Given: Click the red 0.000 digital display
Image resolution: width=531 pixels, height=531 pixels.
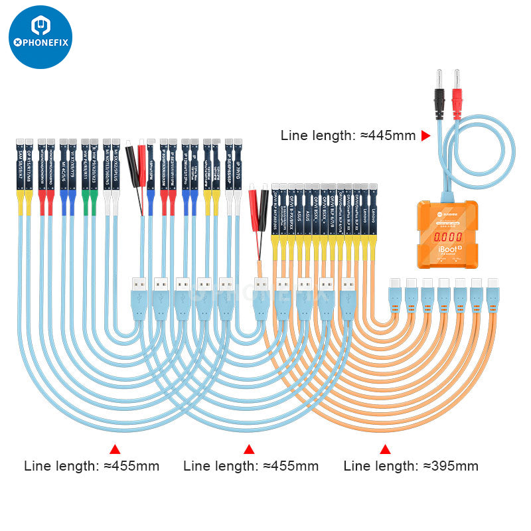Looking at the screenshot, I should pyautogui.click(x=446, y=237).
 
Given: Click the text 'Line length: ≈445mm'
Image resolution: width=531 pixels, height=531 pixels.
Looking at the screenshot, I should pyautogui.click(x=348, y=135).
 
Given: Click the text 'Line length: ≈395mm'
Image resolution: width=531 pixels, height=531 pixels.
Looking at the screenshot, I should pyautogui.click(x=411, y=465).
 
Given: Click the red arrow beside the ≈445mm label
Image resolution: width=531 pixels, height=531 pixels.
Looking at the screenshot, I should pyautogui.click(x=426, y=135).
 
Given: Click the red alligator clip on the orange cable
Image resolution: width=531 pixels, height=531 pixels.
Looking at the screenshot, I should pyautogui.click(x=253, y=199).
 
